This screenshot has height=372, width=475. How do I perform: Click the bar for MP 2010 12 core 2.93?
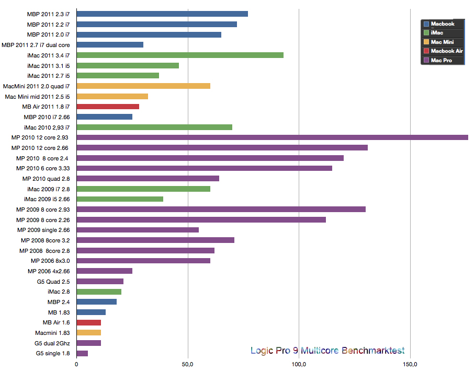(x=272, y=137)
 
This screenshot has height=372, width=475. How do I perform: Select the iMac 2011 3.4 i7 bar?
(x=180, y=55)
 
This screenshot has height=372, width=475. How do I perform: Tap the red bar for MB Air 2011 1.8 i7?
(x=108, y=107)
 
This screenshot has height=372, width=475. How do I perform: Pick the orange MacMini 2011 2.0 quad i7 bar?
(x=143, y=86)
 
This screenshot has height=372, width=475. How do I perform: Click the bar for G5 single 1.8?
(x=82, y=354)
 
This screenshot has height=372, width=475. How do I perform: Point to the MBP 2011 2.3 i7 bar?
(x=162, y=14)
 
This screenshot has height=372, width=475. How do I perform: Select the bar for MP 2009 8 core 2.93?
(x=221, y=210)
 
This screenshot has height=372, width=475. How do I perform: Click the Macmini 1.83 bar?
(x=89, y=333)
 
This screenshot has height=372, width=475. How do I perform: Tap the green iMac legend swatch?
(x=426, y=33)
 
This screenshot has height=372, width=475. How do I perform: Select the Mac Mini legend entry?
(x=442, y=42)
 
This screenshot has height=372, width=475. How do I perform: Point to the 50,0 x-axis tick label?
(x=188, y=364)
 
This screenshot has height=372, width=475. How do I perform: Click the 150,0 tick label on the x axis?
(x=410, y=364)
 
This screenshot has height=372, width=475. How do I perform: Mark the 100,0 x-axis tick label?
(x=299, y=364)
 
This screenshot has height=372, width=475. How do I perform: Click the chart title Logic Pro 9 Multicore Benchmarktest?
(x=327, y=351)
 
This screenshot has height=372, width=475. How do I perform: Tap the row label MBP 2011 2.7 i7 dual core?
(x=36, y=45)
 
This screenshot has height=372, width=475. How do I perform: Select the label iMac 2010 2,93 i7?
(x=47, y=127)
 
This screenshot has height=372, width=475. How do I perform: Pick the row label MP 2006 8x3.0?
(x=50, y=261)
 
